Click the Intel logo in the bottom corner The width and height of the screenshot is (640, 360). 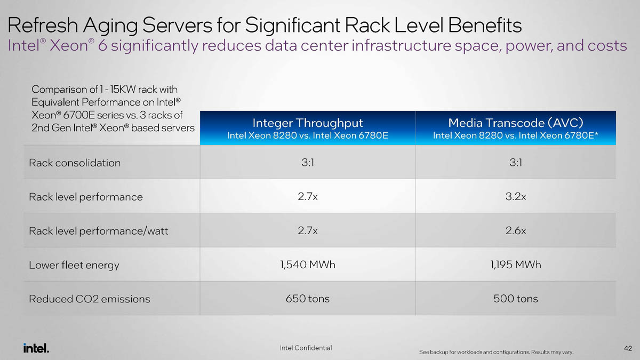[36, 348]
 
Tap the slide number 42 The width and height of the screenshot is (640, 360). [627, 348]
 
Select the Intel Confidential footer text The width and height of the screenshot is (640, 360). [306, 348]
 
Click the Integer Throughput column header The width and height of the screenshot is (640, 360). [308, 123]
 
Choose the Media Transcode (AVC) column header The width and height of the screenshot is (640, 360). [516, 123]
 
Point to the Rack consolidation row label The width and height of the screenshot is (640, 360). [75, 163]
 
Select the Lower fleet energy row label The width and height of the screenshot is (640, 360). [74, 265]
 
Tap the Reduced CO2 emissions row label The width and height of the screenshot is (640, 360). [90, 299]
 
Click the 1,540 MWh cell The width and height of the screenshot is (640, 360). [308, 265]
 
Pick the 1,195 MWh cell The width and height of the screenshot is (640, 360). [516, 265]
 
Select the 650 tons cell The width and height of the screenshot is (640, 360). [308, 299]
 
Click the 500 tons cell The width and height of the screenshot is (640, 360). [516, 299]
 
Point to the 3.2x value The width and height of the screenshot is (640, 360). [516, 196]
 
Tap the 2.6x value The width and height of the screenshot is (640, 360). [516, 230]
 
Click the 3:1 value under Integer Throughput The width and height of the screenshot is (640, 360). [308, 162]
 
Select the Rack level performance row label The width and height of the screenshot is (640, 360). [86, 197]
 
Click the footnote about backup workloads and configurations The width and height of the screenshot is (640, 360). [497, 353]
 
